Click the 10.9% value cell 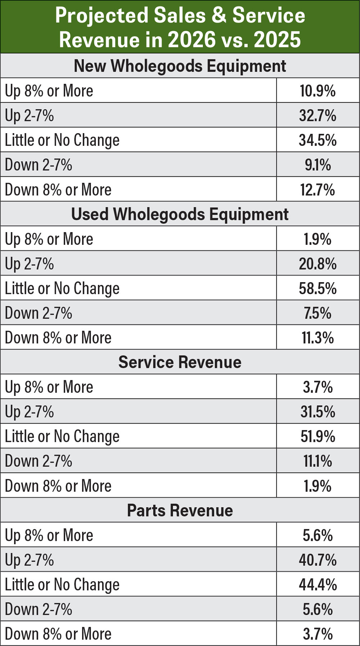[x=318, y=91]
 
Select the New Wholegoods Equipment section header [x=180, y=66]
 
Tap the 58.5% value [x=318, y=288]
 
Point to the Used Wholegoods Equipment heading [x=180, y=214]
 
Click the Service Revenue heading [x=180, y=362]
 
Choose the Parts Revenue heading [x=180, y=510]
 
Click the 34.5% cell [x=318, y=140]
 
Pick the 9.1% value [x=318, y=165]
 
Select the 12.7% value [x=318, y=190]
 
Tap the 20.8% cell [x=318, y=264]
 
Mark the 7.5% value [x=318, y=313]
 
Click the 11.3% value [x=318, y=338]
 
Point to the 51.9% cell [x=318, y=437]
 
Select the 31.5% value [x=318, y=412]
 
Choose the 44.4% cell [x=318, y=584]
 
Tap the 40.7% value [x=318, y=560]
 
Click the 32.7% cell [x=318, y=116]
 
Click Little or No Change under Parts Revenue [x=62, y=584]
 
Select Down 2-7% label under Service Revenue [x=39, y=461]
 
